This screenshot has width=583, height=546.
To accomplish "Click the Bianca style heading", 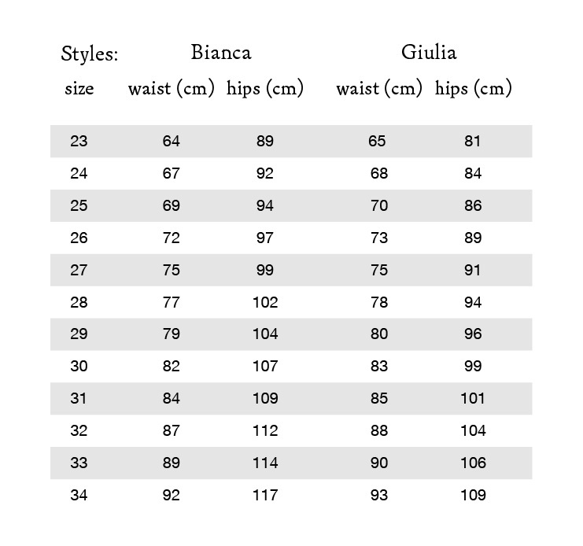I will [x=221, y=53].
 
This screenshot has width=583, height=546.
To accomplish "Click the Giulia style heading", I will [x=429, y=53].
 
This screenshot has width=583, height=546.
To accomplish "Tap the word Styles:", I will [x=90, y=54].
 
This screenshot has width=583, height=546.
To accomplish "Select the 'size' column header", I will [x=79, y=88].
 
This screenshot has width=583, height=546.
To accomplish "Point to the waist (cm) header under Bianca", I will [x=172, y=88].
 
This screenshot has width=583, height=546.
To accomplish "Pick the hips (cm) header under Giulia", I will [x=473, y=88].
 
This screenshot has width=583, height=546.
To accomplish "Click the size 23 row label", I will [x=79, y=142].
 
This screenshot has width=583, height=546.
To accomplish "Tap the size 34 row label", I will [x=79, y=496].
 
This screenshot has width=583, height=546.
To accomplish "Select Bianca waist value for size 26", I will [x=172, y=238].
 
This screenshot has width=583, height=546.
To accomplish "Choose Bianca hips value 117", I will [x=265, y=496].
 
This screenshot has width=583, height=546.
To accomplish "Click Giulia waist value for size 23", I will [x=377, y=142].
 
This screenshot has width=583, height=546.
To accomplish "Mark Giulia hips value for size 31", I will [x=473, y=399].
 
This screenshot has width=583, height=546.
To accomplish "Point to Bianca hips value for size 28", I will [x=265, y=303].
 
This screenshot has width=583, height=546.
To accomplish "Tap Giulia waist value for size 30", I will [x=378, y=367].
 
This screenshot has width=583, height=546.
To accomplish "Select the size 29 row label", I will [x=79, y=334].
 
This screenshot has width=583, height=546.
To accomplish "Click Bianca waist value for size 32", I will [x=172, y=431].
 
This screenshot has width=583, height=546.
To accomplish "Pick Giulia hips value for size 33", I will [x=473, y=463].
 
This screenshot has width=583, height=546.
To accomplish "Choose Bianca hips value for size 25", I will [x=265, y=206].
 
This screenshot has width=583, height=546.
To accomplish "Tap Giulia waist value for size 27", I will [x=378, y=271].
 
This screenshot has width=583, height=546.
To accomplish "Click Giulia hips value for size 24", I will [x=473, y=174].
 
